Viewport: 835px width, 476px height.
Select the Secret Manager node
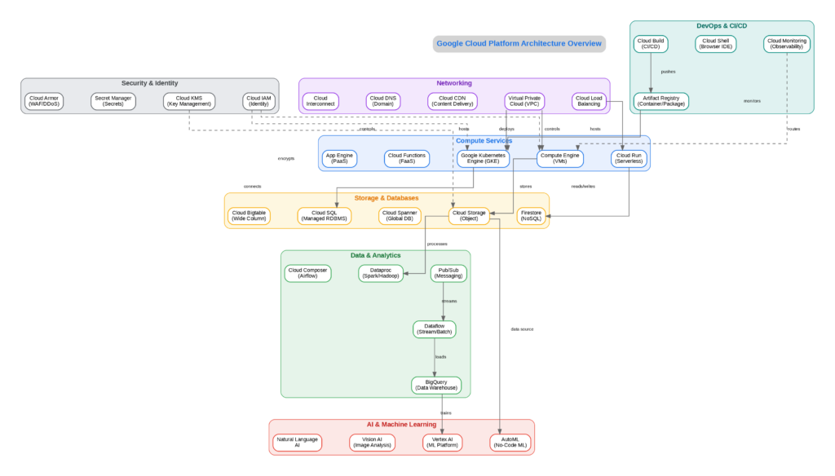coord(113,101)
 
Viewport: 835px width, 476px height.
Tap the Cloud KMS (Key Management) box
coord(189,101)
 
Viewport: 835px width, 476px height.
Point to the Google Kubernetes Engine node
coord(483,158)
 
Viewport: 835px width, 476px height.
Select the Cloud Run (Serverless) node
coord(629,158)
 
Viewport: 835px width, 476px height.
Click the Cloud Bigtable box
coord(250,216)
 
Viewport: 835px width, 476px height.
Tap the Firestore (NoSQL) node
coord(530,216)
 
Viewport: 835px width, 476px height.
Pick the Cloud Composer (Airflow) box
coord(308,273)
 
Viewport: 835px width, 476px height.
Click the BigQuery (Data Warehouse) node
coord(436,386)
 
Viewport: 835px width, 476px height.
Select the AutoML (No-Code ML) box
coord(510,443)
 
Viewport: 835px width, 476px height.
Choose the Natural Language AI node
coord(298,443)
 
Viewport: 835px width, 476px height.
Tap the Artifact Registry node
coord(661,101)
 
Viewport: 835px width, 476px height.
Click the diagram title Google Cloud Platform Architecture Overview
coord(519,44)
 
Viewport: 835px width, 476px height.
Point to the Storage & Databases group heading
coord(387,198)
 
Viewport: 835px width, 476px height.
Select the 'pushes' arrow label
coord(668,72)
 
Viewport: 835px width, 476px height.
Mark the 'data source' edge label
coord(522,328)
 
